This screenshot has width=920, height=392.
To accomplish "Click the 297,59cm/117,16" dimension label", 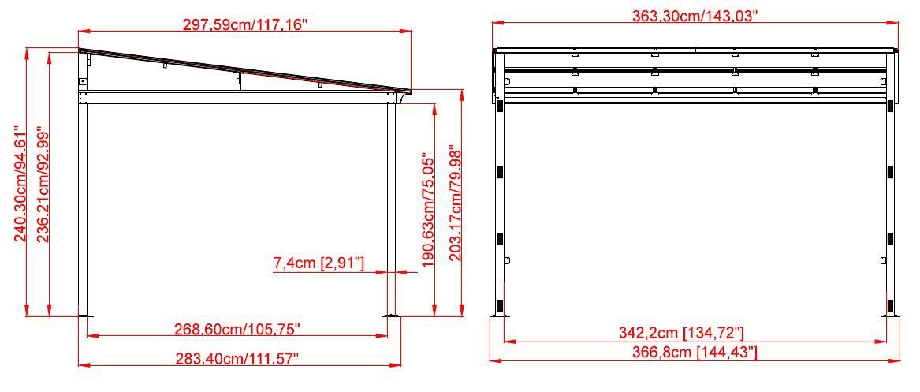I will point(244,24).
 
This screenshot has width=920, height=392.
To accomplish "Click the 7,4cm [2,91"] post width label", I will point(318,263).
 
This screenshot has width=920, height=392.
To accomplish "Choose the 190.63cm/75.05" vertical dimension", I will point(428,211).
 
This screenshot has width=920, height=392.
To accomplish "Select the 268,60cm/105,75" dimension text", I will point(237,327).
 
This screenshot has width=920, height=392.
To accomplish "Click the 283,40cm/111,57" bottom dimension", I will point(237,359).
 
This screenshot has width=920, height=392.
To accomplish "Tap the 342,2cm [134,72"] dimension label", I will point(694,332).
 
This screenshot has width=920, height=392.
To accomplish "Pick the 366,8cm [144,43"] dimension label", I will point(694,353).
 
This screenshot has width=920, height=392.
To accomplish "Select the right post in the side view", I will point(390,205).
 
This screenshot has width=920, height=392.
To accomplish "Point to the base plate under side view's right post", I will point(391,318).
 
